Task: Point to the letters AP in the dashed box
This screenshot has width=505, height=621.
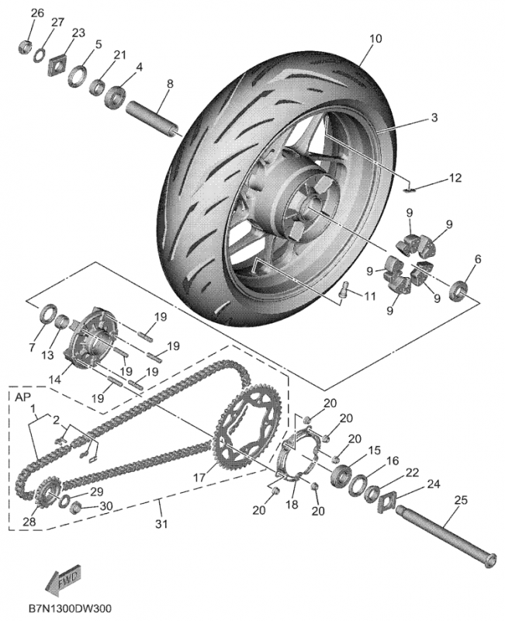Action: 21,396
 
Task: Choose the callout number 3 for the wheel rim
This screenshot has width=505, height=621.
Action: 434,118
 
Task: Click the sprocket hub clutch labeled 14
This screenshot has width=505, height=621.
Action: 85,342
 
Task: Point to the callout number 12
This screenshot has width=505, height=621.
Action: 455,178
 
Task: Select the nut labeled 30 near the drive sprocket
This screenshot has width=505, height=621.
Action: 78,508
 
